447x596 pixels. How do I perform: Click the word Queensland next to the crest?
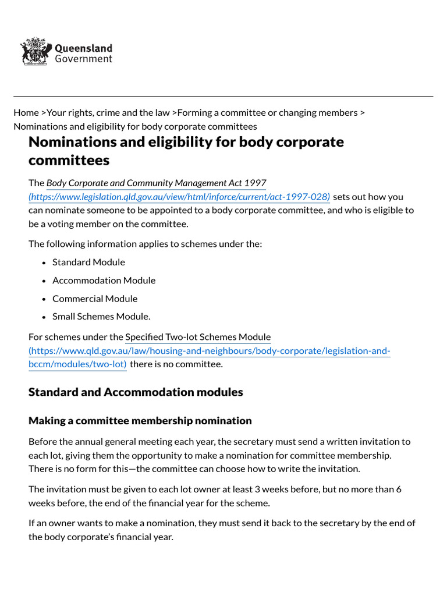(83, 48)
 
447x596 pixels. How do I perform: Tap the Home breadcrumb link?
(26, 112)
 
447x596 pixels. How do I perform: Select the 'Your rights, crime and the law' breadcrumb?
(108, 112)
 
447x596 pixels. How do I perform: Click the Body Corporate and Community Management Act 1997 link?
(156, 183)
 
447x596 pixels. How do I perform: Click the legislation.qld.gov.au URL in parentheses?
(179, 197)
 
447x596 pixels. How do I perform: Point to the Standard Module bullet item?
(88, 262)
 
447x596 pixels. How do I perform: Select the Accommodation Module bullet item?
(104, 280)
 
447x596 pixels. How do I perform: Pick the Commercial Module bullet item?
(95, 299)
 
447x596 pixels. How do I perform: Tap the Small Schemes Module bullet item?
(101, 317)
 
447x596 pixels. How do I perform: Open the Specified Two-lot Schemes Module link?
(198, 336)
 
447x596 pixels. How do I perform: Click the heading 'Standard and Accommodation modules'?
(136, 392)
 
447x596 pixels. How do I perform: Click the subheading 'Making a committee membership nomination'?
(140, 420)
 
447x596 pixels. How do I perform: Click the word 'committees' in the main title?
(69, 159)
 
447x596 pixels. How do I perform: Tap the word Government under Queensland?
(83, 59)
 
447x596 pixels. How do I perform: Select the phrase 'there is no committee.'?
(176, 364)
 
